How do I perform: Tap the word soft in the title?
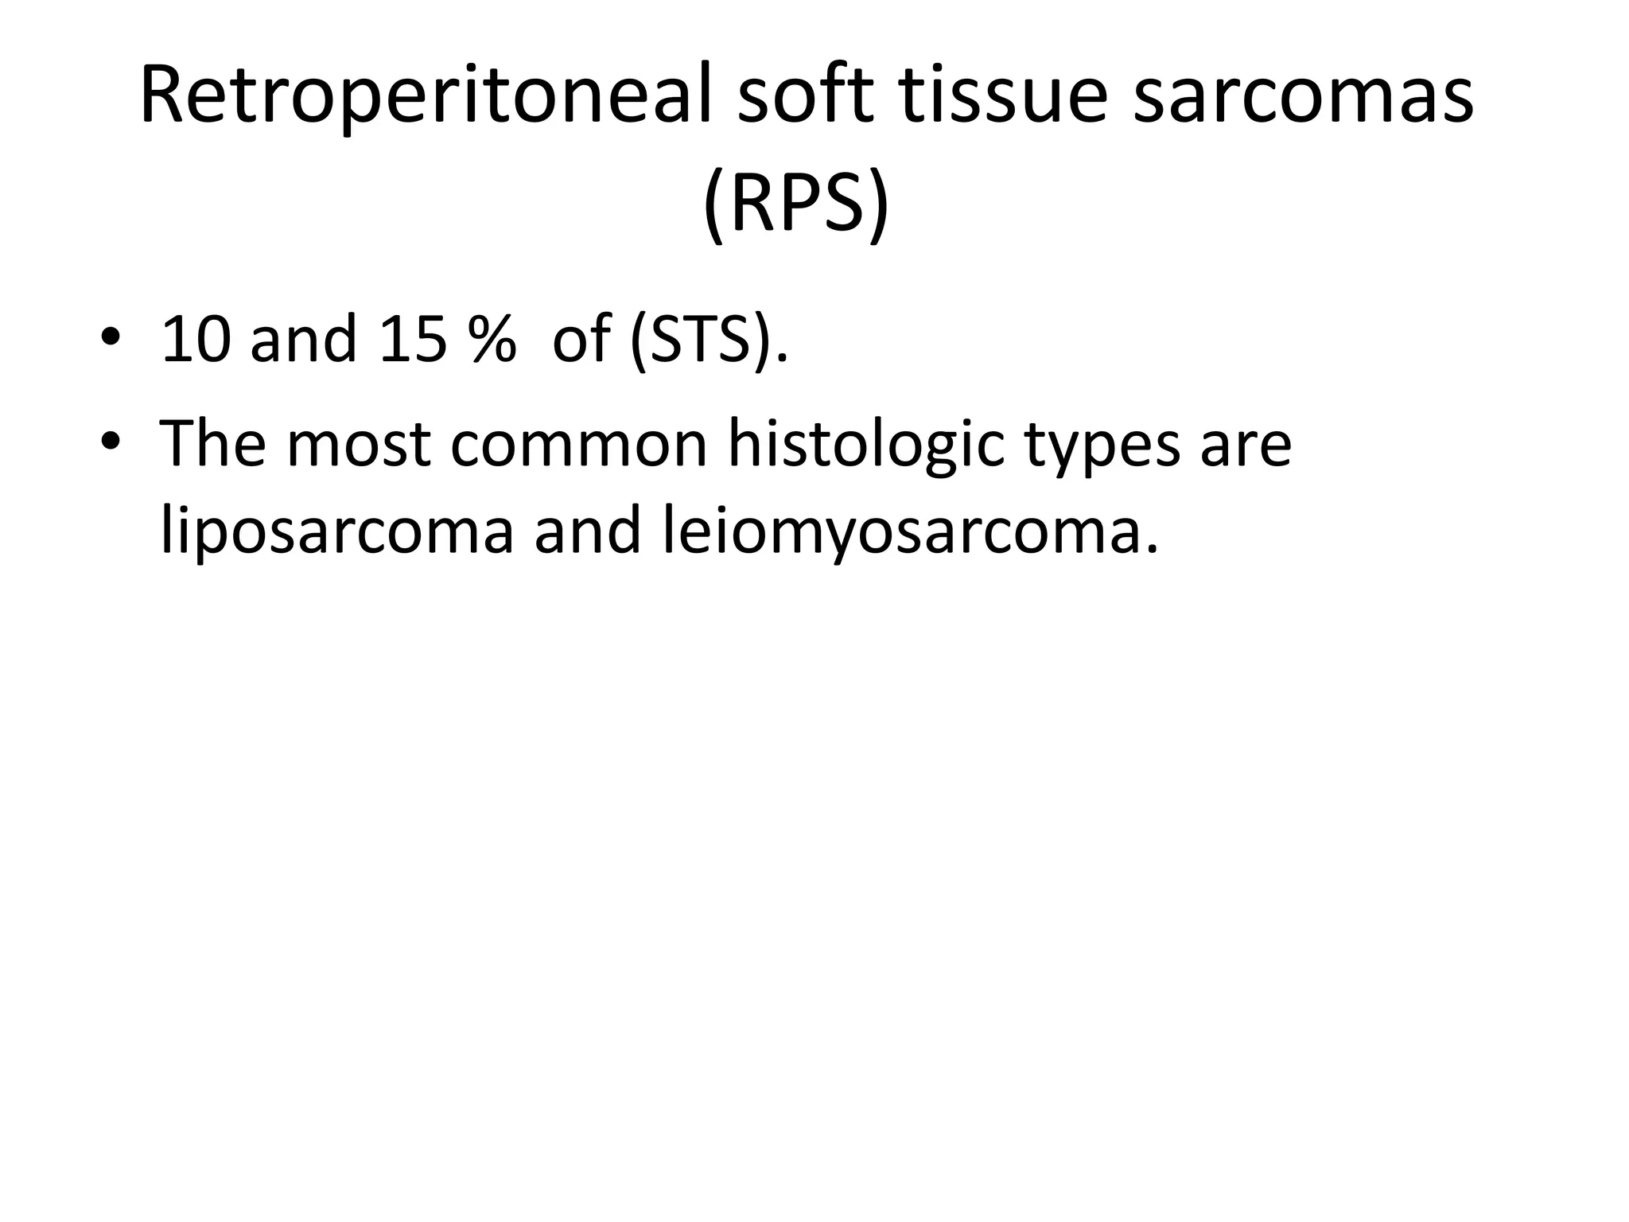pyautogui.click(x=805, y=97)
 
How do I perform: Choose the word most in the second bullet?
pyautogui.click(x=358, y=443)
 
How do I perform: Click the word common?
pyautogui.click(x=578, y=443)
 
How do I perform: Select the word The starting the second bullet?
pyautogui.click(x=212, y=443)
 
